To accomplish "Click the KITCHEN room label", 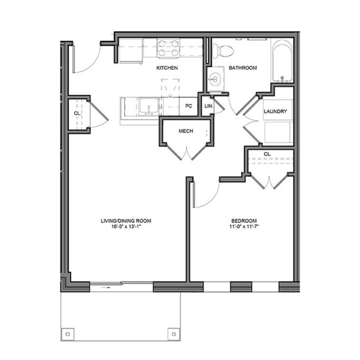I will (x=167, y=68).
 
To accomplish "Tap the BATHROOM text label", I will (x=243, y=68).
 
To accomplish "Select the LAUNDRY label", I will (x=275, y=111).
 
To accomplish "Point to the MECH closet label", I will (x=186, y=131).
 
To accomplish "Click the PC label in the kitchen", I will (x=188, y=105).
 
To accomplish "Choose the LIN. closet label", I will (x=208, y=105).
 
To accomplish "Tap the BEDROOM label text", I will (x=241, y=220).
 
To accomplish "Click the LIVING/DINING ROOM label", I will (x=126, y=220).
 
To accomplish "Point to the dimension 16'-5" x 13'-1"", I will (x=126, y=227).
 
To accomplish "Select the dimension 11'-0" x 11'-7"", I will (x=241, y=227).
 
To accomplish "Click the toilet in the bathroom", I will (x=224, y=51).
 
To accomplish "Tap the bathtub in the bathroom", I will (x=282, y=61).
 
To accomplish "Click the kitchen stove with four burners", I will (x=168, y=49).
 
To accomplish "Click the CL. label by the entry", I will (x=76, y=114).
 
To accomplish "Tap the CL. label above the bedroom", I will (x=267, y=153).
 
